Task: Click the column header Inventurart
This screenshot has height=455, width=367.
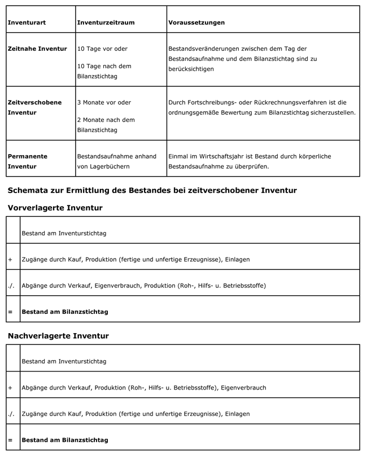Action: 27,23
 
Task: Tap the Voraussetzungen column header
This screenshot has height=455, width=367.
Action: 196,23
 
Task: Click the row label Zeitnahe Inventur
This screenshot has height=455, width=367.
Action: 37,49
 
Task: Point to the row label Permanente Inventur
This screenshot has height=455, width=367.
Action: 28,161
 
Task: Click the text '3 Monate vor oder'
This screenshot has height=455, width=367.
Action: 104,102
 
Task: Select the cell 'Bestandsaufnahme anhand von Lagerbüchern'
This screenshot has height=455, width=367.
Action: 116,161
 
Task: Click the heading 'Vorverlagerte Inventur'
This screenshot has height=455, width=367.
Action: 55,208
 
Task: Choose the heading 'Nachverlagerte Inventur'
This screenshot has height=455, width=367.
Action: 58,335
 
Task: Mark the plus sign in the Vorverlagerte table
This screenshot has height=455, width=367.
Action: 10,259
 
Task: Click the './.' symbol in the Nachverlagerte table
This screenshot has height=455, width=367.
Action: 11,414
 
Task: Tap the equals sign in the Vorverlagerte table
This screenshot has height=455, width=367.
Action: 10,312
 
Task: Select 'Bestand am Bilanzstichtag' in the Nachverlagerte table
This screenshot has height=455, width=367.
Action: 65,440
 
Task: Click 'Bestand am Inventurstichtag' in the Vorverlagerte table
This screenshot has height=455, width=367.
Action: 64,233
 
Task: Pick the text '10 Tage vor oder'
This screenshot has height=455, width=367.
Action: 102,49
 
